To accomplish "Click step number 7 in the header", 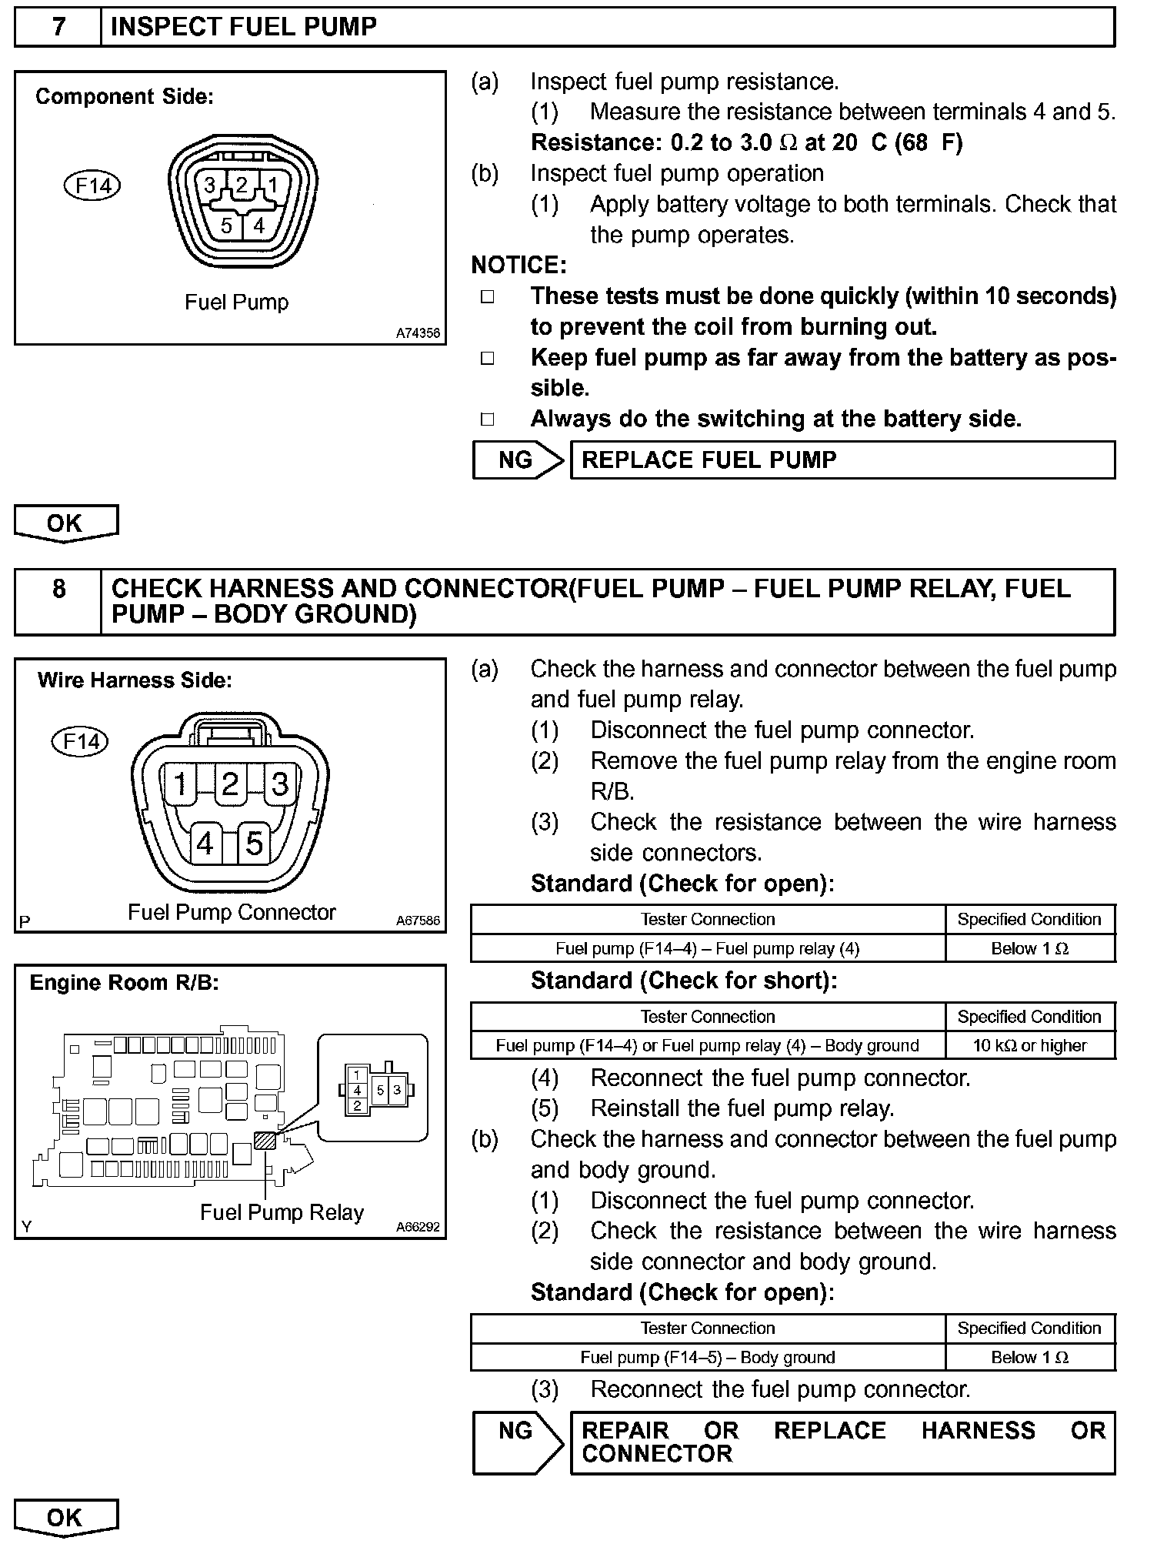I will (58, 27).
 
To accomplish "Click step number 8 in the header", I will (58, 590).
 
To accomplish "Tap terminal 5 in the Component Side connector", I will (226, 226).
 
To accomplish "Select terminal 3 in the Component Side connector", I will (209, 185).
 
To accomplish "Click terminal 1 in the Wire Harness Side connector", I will (181, 784).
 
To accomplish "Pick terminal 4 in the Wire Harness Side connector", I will (205, 844).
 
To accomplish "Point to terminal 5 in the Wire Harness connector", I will (254, 844).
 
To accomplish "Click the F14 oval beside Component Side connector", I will (92, 186).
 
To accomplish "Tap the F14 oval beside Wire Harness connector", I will (80, 741).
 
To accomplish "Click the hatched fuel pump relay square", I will (265, 1140).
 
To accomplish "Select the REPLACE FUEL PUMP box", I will (842, 460).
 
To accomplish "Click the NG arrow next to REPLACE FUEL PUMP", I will (518, 460).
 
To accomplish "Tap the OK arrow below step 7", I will (65, 523).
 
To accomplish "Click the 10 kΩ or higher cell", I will (1029, 1045).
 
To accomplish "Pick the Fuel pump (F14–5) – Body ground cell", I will (707, 1357).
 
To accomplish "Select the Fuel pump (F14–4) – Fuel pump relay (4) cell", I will (707, 948).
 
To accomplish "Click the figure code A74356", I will (418, 333).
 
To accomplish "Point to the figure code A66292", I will (418, 1227).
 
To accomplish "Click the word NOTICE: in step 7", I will (518, 266).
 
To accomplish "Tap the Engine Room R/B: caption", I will (124, 983).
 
